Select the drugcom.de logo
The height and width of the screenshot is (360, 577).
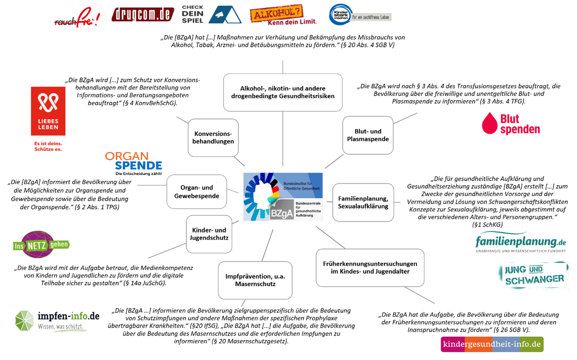coord(142,14)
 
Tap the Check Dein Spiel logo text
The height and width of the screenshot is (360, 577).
coord(192,14)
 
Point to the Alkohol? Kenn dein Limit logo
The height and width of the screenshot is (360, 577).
coord(283,15)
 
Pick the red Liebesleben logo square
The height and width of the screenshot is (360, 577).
coord(48,111)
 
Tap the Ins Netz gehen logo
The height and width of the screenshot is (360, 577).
coord(41,245)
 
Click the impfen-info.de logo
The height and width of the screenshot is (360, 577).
coord(57,320)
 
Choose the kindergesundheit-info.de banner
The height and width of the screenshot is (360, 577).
coord(492,344)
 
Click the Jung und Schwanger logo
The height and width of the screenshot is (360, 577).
coord(532,275)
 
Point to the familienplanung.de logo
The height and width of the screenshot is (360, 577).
coord(520,244)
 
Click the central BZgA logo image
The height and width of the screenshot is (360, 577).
coord(283,196)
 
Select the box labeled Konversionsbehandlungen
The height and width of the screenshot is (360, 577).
coord(213,137)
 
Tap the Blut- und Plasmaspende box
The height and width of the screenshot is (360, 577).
coord(367,135)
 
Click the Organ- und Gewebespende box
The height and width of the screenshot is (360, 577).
coord(197,191)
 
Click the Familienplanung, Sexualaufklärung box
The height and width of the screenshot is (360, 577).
coord(363,202)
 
